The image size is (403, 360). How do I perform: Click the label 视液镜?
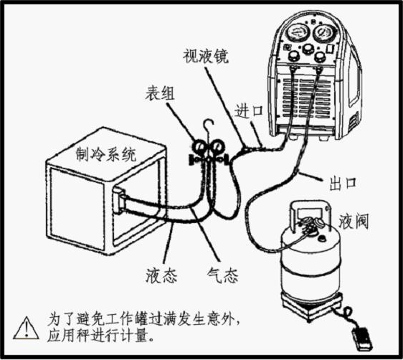(x=206, y=56)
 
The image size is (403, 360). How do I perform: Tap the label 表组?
(x=160, y=93)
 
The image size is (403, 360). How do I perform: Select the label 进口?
(x=249, y=111)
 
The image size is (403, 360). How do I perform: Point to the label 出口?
(x=343, y=183)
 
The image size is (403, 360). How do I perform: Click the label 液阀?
(x=354, y=222)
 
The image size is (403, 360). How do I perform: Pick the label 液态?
(x=161, y=276)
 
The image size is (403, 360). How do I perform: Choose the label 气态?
(x=222, y=275)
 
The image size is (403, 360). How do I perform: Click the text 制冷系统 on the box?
(x=106, y=155)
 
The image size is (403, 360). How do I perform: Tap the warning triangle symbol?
(x=27, y=328)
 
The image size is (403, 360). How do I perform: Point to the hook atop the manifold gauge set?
(x=208, y=125)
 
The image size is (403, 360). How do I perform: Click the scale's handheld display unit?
(x=362, y=338)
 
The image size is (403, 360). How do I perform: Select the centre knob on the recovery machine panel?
(x=306, y=49)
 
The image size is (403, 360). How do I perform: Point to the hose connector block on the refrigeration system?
(x=119, y=201)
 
